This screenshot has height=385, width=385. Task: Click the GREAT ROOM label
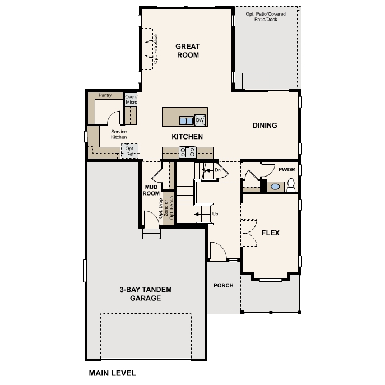pos(188,50)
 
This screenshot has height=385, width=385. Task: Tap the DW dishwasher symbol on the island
pos(200,120)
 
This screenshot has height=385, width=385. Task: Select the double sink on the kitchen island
pos(186,120)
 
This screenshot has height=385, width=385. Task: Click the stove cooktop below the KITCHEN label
pos(187,151)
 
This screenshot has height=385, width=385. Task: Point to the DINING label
pos(265,126)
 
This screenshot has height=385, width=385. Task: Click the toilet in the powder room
pos(291,186)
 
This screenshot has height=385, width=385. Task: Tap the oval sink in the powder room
pos(275,187)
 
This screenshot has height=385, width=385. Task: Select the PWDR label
pos(286,169)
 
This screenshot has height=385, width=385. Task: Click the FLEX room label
pos(271,233)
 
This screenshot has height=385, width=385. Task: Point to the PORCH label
pos(224,285)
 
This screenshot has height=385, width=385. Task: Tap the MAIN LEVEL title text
pos(112,373)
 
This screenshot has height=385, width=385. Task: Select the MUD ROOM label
pos(151,190)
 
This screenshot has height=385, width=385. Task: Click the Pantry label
pos(105,95)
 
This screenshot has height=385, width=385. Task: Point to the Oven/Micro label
pos(131,99)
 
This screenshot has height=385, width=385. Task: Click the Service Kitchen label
pos(119,134)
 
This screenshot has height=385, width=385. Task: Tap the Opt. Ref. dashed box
pos(130,151)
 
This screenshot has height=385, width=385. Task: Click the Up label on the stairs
pos(215,214)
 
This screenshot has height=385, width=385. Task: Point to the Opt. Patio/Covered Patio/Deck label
pos(266,16)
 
